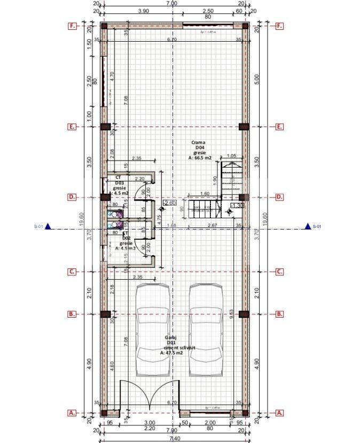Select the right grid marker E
(x=279, y=127)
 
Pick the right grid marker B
(x=279, y=314)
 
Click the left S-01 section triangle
(x=48, y=226)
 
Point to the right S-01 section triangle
(x=308, y=226)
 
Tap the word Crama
(x=199, y=143)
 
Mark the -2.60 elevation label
(x=169, y=203)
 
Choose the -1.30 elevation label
(x=237, y=205)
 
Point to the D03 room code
(x=119, y=183)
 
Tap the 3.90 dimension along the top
(x=143, y=11)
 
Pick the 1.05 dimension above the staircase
(x=231, y=156)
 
